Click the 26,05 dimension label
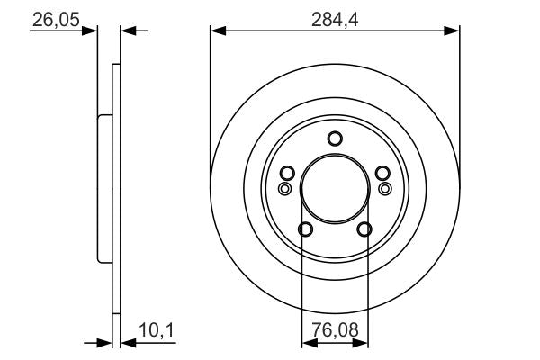click(x=56, y=19)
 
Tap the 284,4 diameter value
click(x=335, y=19)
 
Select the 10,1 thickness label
click(x=157, y=330)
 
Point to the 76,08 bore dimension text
click(x=335, y=330)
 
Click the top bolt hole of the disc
click(x=335, y=139)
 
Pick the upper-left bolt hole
click(x=287, y=173)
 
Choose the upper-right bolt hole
click(x=382, y=173)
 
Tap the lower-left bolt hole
click(x=305, y=229)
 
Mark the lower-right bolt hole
click(x=364, y=229)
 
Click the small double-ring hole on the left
click(x=284, y=189)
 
